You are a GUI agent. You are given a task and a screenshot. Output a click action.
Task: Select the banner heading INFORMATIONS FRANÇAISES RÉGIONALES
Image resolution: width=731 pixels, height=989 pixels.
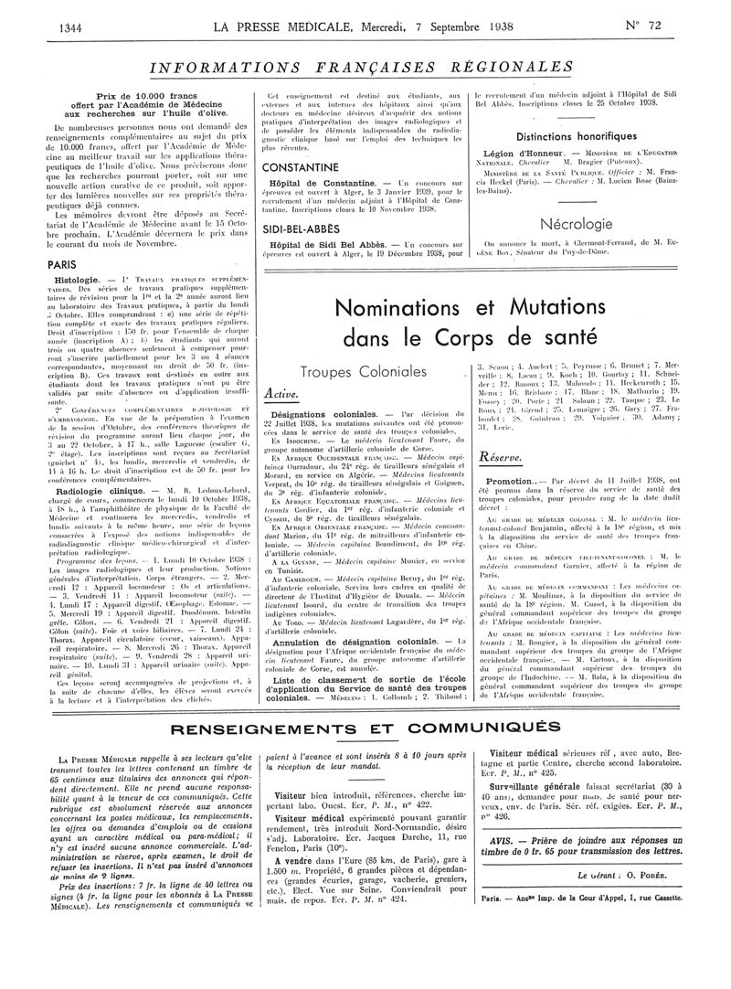[365, 69]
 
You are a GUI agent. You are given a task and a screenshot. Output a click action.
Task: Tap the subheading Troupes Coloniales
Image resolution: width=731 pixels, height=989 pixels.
[362, 372]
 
